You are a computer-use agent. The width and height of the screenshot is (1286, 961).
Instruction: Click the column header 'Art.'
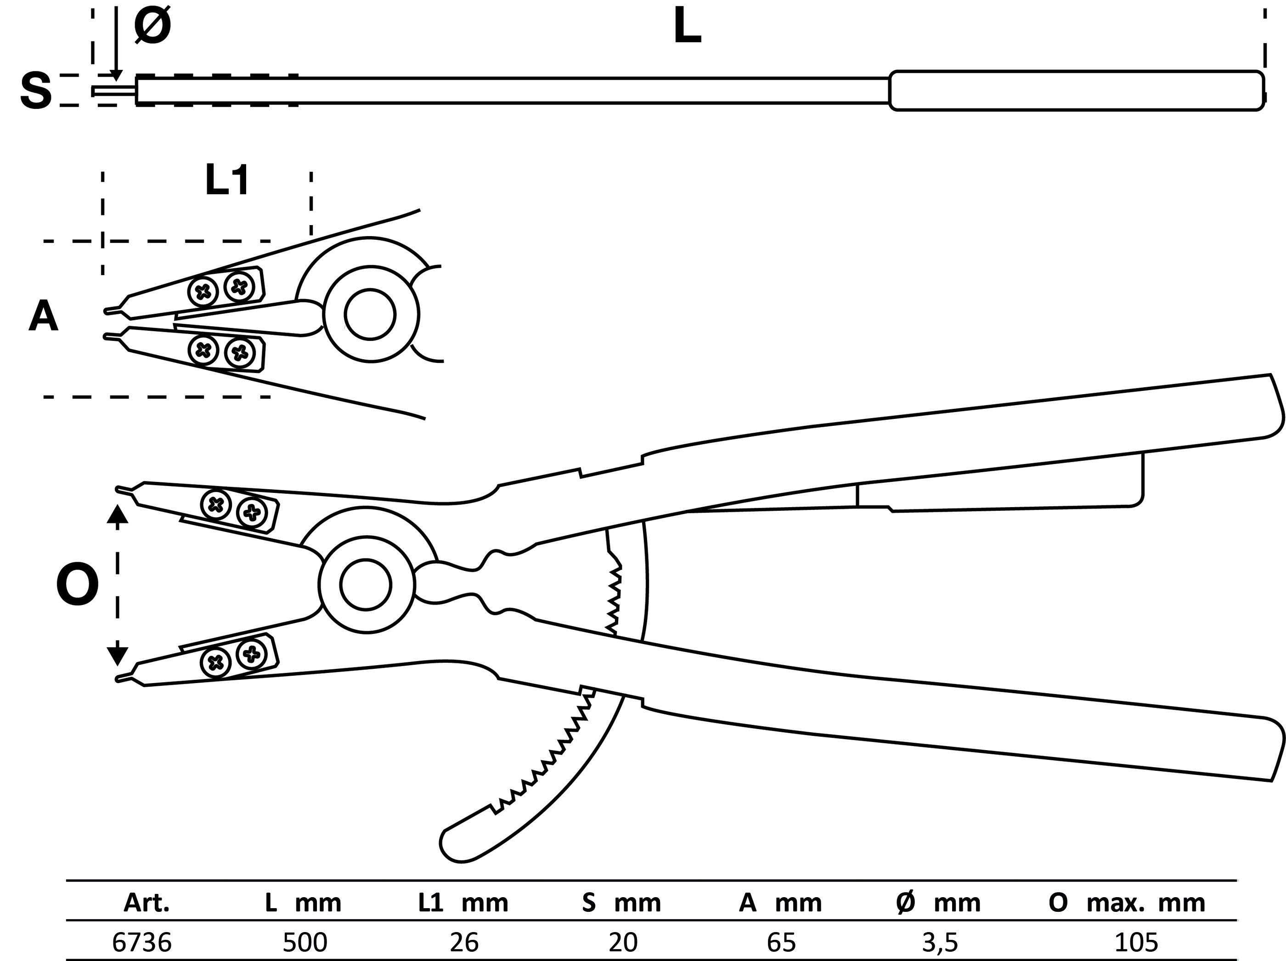(147, 903)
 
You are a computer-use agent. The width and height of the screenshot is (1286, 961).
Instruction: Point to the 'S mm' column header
(621, 903)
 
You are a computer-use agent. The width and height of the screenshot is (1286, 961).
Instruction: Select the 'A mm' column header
(780, 903)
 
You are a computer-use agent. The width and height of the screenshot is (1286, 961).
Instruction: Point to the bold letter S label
(36, 92)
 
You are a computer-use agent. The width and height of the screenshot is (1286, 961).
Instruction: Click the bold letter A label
(44, 317)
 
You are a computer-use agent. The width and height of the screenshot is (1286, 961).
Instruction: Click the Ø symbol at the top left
(152, 27)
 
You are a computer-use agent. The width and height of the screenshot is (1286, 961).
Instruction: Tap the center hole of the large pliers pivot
(366, 585)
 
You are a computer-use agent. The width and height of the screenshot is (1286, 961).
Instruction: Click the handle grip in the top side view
(1076, 90)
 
